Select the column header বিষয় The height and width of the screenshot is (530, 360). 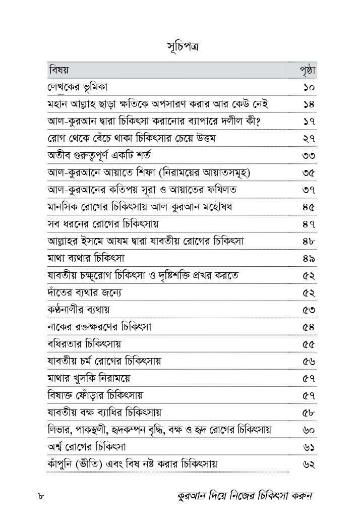[59, 70]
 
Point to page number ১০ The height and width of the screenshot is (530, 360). [309, 88]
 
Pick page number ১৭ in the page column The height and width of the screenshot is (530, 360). [309, 122]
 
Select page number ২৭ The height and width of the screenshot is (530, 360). [309, 139]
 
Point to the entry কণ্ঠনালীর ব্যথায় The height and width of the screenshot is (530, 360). [78, 309]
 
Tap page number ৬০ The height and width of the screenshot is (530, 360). [309, 430]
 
